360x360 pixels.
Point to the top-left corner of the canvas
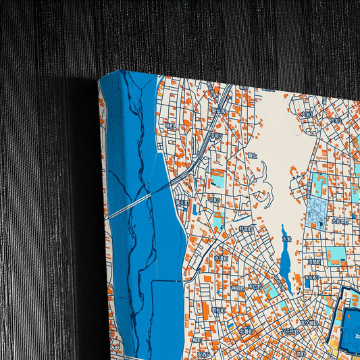coord(99,79)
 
